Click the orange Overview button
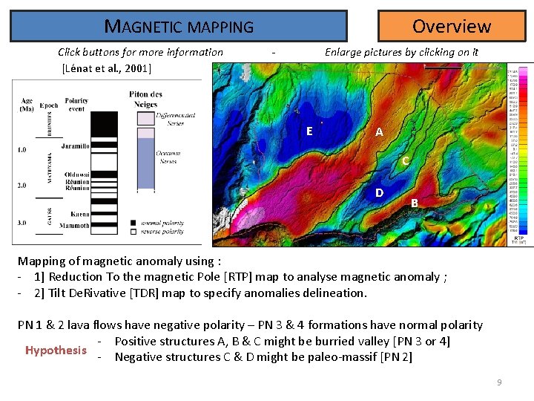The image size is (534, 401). pos(451,26)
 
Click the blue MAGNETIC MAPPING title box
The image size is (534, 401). pos(179,27)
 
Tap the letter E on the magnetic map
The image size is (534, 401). pos(309,131)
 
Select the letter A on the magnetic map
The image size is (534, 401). pos(379,132)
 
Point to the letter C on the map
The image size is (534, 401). pos(405,160)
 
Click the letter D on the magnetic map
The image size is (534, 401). pos(379,193)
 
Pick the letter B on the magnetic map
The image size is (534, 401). pos(415,203)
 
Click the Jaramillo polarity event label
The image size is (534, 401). pos(76,146)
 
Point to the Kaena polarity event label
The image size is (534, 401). pos(79,214)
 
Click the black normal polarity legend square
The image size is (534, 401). pos(133,222)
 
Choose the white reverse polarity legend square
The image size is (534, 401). pos(133,230)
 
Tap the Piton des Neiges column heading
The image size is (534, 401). pos(145,98)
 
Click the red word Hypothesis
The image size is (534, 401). pos(56,350)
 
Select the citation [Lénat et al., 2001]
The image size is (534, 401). pos(107,68)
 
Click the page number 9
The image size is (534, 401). pos(499,382)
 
